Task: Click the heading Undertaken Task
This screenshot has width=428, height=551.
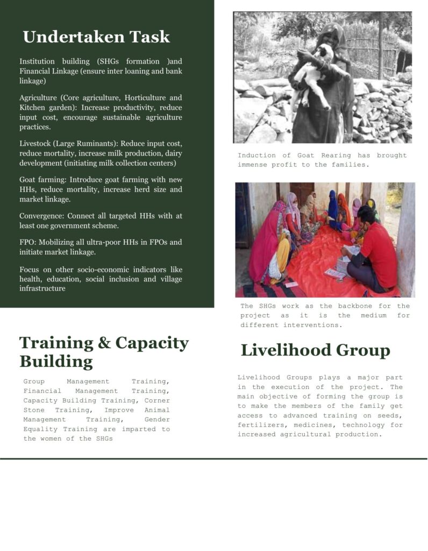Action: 96,37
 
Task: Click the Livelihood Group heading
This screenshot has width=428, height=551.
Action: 315,350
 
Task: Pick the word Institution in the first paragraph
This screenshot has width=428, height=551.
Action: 39,62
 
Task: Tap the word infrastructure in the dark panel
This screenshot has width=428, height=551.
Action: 42,288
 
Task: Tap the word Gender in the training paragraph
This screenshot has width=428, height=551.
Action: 157,420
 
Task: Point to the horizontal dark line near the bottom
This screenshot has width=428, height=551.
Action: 213,459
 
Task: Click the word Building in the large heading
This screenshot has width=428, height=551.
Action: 56,361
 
